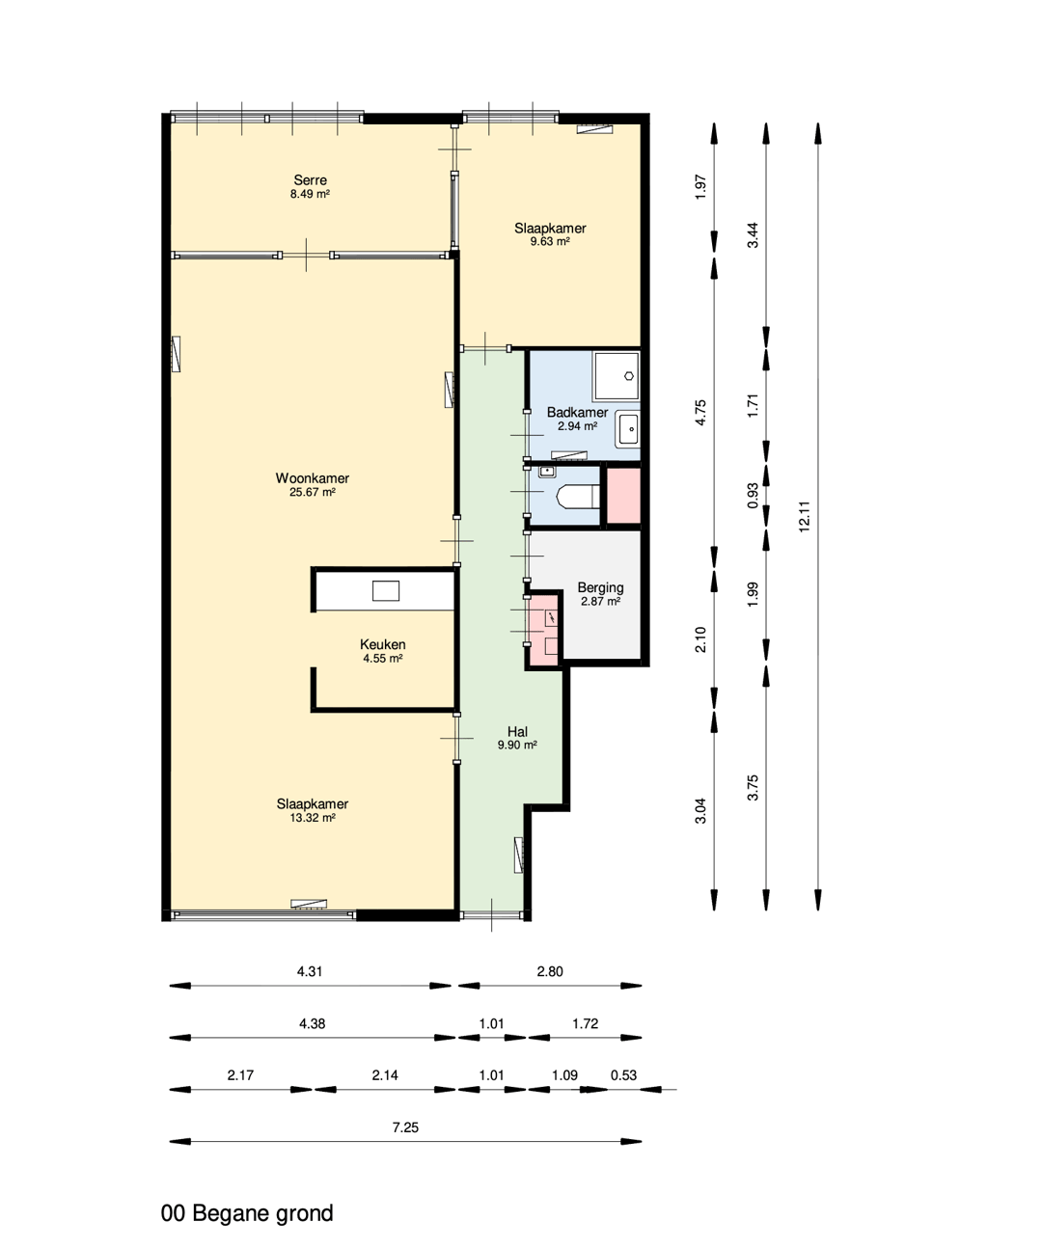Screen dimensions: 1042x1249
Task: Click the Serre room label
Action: pos(310,180)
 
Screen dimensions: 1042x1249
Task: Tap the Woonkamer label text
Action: pos(312,478)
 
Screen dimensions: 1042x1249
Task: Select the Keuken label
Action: pos(382,644)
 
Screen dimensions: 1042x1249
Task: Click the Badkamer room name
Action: pos(577,412)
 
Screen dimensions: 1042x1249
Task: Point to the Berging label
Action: pos(600,587)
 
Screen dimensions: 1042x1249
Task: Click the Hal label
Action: pos(517,732)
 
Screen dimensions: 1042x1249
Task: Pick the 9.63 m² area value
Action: pos(549,242)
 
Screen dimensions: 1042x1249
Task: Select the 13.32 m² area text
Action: pos(313,818)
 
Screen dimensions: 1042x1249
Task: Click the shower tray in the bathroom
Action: pos(616,375)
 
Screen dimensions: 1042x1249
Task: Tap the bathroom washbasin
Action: pos(628,429)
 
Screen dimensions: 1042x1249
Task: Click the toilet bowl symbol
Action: pos(578,496)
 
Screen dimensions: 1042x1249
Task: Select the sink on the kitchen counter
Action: pos(385,590)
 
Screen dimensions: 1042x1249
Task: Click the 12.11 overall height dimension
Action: pos(804,516)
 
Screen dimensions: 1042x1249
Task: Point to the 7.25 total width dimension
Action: pos(405,1127)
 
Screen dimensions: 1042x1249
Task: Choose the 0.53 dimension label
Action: pos(623,1075)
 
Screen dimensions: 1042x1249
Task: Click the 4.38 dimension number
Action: pos(312,1023)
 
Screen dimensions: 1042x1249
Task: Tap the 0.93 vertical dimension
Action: pos(753,496)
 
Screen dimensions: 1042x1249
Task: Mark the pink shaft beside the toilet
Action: pos(623,496)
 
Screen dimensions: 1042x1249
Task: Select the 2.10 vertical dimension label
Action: pos(700,639)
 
